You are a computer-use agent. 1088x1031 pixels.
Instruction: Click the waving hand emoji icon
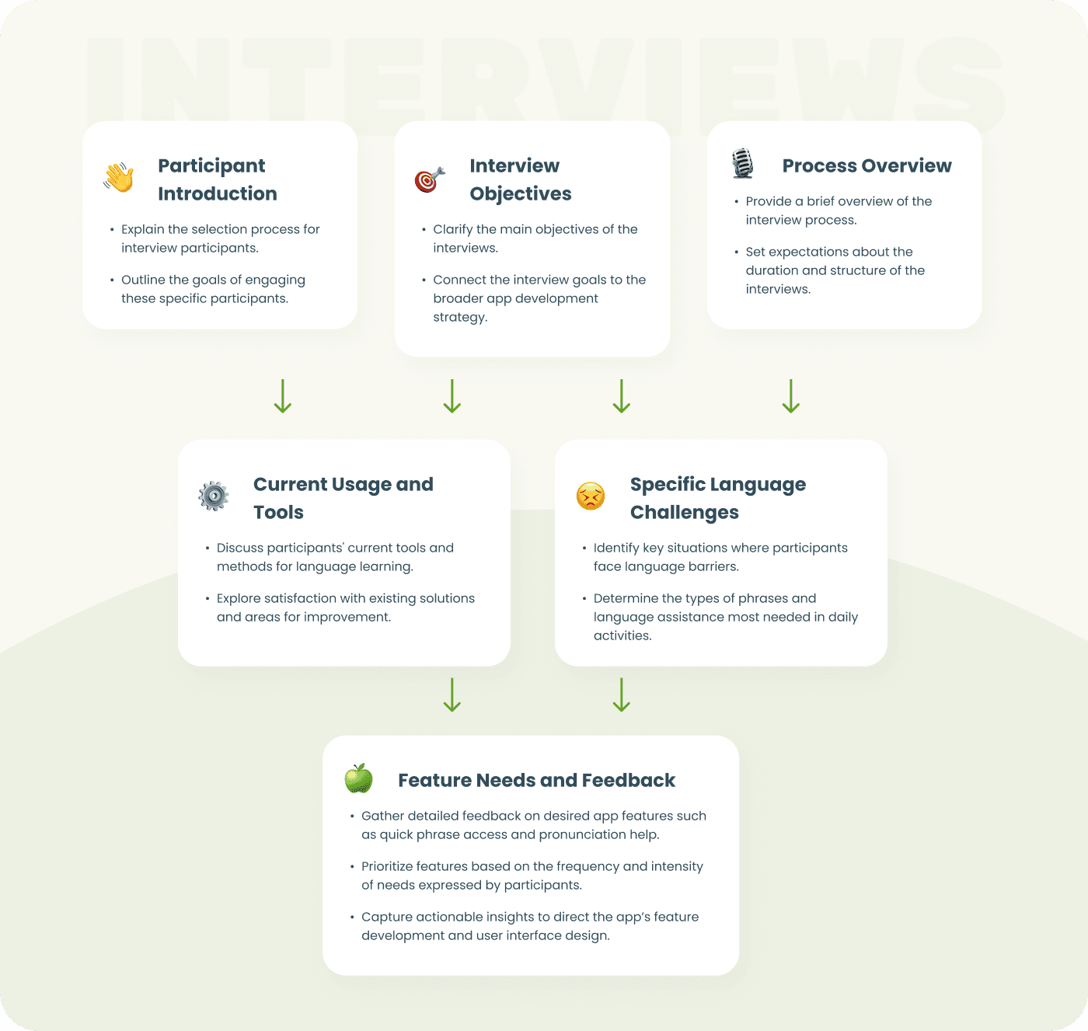pos(119,178)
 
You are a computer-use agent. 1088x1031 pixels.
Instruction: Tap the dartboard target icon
pos(429,179)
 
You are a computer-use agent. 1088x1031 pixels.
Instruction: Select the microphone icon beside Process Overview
pos(743,164)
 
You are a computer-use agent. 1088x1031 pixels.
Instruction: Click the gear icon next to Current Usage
pos(214,496)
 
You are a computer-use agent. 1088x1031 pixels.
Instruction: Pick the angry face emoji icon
pos(591,496)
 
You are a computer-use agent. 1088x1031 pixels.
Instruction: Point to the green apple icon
pos(359,778)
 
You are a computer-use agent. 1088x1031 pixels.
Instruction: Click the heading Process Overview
pos(867,165)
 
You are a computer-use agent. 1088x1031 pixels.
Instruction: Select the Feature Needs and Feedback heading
pos(536,780)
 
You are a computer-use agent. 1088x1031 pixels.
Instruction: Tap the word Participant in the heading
pos(211,165)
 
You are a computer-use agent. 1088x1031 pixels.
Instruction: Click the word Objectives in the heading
pos(521,193)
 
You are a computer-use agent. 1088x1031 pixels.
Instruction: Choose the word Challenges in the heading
pos(684,512)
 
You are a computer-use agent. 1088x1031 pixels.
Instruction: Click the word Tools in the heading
pos(278,512)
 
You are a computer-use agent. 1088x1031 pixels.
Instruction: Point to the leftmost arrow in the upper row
pos(283,395)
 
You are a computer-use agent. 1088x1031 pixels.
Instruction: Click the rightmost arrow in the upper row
pos(790,395)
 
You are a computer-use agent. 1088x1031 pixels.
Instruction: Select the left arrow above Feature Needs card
pos(452,695)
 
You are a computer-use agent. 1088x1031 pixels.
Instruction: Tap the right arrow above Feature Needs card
pos(621,695)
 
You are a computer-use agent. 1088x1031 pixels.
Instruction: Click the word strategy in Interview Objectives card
pos(459,317)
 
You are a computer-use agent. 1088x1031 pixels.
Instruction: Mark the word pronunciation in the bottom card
pos(582,834)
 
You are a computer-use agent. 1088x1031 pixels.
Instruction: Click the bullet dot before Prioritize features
pos(352,866)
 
